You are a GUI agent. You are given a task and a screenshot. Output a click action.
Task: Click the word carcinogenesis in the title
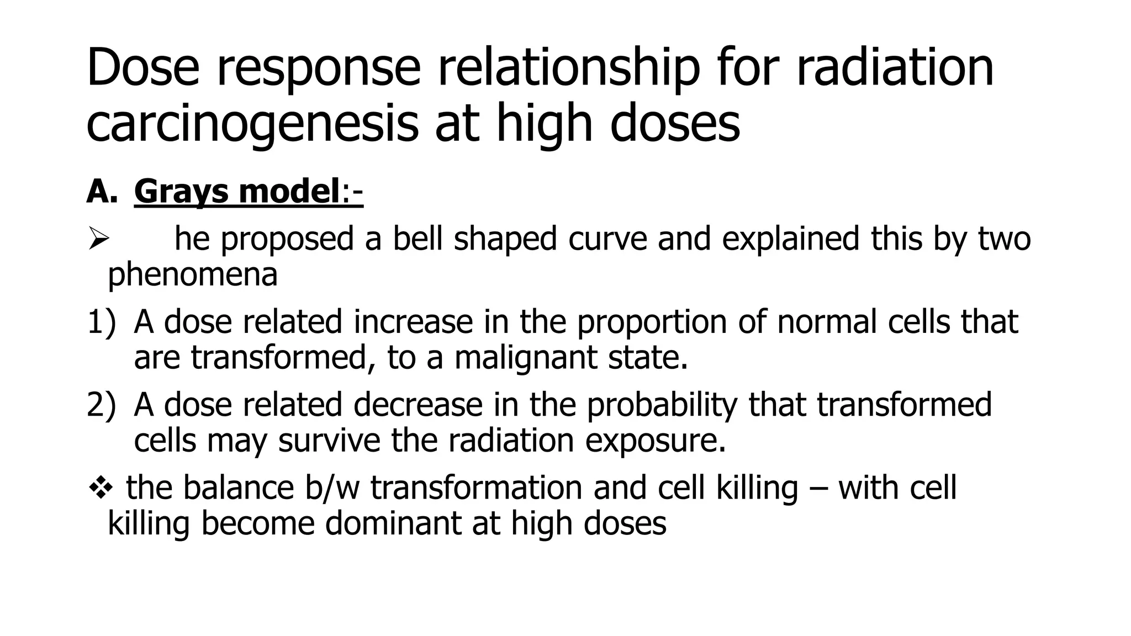pyautogui.click(x=252, y=125)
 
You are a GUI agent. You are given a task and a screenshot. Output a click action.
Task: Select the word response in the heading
pyautogui.click(x=318, y=68)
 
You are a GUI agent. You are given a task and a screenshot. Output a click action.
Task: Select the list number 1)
pyautogui.click(x=102, y=322)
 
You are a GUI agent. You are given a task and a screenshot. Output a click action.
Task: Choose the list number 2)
pyautogui.click(x=102, y=405)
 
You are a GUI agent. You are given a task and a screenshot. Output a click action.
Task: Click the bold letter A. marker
pyautogui.click(x=102, y=192)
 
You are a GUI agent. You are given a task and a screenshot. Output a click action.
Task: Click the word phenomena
pyautogui.click(x=192, y=274)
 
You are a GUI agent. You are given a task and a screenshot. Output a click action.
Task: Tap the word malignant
pyautogui.click(x=525, y=358)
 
